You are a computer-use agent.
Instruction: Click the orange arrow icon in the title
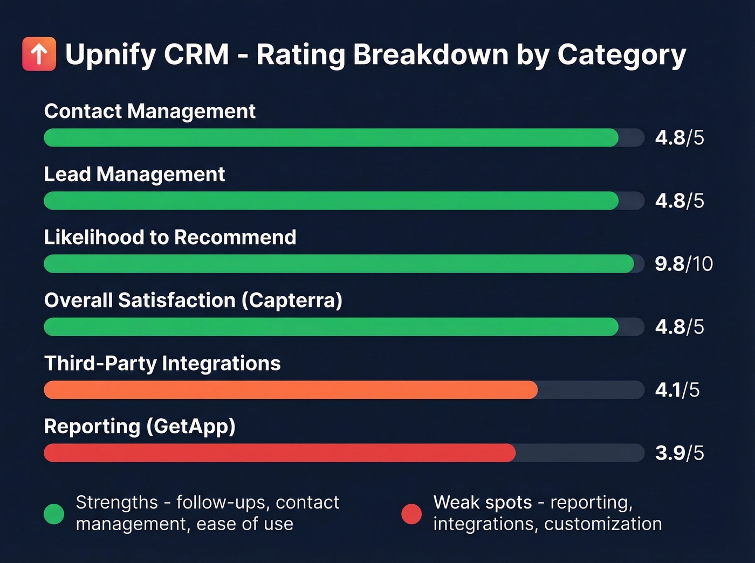coord(39,54)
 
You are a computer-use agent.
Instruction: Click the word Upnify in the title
coord(111,55)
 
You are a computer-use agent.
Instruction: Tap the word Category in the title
coord(621,55)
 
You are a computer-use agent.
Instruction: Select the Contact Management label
coord(149,111)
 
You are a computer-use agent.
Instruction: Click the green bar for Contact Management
coord(331,138)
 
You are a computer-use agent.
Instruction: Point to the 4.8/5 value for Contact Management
coord(679,138)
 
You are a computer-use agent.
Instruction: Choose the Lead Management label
coord(134,174)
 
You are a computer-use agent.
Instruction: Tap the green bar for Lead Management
coord(331,201)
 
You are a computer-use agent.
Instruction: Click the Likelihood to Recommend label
coord(170,237)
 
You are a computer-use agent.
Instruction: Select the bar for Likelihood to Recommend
coord(339,264)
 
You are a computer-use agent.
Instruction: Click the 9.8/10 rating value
coord(683,264)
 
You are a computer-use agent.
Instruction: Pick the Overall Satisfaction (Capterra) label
coord(193,300)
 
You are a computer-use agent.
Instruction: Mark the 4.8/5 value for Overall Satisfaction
coord(679,327)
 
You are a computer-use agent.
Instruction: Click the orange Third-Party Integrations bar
coord(290,390)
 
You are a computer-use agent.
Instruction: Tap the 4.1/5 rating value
coord(677,390)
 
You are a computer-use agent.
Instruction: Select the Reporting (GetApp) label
coord(140,426)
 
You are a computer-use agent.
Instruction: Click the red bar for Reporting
coord(279,453)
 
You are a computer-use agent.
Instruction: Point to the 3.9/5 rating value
coord(679,453)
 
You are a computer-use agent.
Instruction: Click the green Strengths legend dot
coord(54,513)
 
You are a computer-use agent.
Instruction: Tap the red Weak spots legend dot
coord(411,513)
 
